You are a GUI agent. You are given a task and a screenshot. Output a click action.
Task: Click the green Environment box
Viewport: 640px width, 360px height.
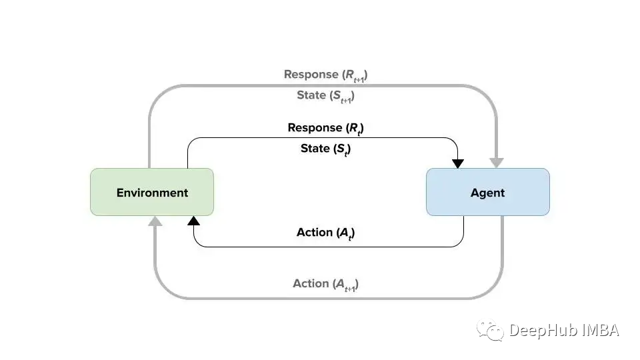click(x=152, y=192)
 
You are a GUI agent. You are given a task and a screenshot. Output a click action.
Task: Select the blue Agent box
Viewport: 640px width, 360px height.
click(x=488, y=192)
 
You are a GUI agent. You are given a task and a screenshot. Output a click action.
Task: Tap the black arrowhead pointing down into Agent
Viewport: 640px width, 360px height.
click(x=458, y=164)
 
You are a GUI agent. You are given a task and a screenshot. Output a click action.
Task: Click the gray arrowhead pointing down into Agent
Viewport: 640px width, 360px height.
click(x=496, y=163)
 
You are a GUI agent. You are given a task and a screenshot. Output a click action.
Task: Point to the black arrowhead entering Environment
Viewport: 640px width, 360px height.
click(x=193, y=221)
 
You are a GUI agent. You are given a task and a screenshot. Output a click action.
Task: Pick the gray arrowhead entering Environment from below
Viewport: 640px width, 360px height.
click(x=155, y=221)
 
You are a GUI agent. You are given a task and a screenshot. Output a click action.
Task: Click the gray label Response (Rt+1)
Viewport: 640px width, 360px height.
click(x=326, y=75)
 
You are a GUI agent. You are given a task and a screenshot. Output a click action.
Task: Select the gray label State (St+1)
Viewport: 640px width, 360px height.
click(x=326, y=96)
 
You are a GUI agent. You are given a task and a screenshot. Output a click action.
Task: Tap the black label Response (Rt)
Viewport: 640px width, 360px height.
click(x=326, y=129)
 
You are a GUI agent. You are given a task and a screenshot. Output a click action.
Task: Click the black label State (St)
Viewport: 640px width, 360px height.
click(x=326, y=149)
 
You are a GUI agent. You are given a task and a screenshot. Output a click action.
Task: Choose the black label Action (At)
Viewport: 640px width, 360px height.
click(x=326, y=233)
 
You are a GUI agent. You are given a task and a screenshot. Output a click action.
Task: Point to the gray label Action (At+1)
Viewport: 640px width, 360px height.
click(x=326, y=285)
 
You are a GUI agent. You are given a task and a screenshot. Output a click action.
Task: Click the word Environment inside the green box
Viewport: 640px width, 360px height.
click(x=152, y=193)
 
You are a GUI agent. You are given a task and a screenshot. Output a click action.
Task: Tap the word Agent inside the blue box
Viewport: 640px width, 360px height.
click(x=488, y=193)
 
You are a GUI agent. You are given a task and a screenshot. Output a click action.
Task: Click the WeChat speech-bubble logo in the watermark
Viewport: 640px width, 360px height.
click(x=491, y=330)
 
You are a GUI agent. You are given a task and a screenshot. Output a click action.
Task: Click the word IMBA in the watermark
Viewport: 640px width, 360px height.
click(x=601, y=330)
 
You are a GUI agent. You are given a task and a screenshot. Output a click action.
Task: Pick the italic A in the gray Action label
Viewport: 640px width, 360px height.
click(x=340, y=283)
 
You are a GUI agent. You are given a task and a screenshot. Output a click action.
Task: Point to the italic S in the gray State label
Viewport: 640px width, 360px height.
click(x=337, y=95)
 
